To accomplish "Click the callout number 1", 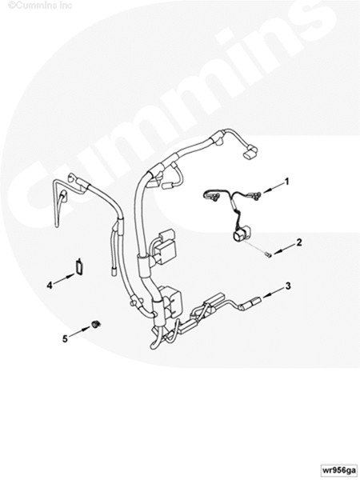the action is [x=286, y=182].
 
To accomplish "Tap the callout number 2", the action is [x=299, y=242].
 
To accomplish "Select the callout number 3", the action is [x=288, y=286].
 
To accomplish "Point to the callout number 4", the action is [x=50, y=286].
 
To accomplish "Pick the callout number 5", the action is [x=65, y=339].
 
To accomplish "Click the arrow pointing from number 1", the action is [x=273, y=187].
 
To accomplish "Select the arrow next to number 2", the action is [x=284, y=249].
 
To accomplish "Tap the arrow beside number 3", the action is [x=273, y=292].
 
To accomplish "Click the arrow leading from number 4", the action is [x=64, y=279].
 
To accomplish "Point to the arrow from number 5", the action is [x=80, y=332].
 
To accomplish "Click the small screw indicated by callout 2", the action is [x=268, y=254].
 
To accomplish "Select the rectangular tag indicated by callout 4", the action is [x=79, y=266].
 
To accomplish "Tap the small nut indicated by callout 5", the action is [x=97, y=324].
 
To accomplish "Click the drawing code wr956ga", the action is [x=338, y=470].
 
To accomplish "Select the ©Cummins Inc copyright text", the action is [x=40, y=6].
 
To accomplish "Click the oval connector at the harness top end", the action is [x=250, y=153].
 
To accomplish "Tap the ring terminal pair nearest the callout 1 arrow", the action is [x=256, y=194].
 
